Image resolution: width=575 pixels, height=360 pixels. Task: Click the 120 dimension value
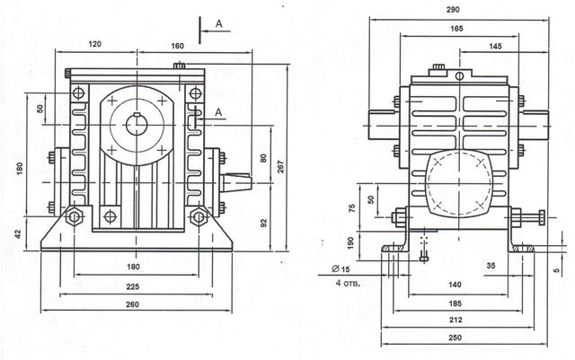94,44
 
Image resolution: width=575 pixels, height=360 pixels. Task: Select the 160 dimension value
177,46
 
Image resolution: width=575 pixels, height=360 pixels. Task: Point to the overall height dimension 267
281,167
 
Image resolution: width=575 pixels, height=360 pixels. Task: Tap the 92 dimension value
264,224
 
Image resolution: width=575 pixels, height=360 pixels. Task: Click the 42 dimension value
19,233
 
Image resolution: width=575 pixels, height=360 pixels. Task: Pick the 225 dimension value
133,286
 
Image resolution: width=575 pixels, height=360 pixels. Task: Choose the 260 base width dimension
132,304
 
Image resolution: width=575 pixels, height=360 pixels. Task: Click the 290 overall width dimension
453,10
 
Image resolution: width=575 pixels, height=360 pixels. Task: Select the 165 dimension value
456,28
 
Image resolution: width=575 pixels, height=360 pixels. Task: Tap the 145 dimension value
495,46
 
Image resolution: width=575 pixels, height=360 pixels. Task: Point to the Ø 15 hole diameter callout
341,269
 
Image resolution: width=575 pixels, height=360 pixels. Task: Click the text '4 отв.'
348,283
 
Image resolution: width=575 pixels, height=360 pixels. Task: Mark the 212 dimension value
456,320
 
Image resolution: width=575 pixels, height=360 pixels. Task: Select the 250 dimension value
456,338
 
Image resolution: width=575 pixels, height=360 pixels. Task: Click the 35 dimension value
491,266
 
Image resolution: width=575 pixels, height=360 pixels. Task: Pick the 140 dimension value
455,285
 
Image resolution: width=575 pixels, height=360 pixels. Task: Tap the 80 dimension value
263,158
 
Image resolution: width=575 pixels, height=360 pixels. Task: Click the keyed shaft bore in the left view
137,125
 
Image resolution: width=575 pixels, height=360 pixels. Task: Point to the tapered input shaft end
236,182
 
